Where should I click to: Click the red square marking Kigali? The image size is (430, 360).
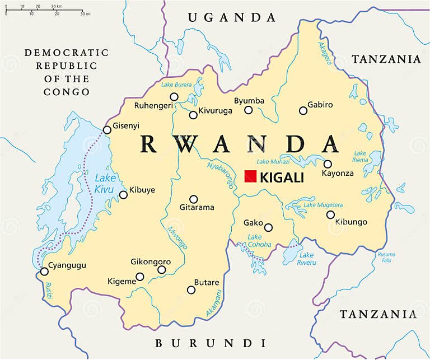(x=250, y=176)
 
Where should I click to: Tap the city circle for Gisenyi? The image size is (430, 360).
(x=107, y=130)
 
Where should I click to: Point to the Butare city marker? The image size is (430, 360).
(x=191, y=290)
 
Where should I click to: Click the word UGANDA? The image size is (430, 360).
(x=232, y=17)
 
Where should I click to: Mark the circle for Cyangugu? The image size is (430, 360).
(x=44, y=272)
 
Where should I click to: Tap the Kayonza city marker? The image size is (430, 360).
(x=328, y=164)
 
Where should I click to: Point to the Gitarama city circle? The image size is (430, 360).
(x=194, y=199)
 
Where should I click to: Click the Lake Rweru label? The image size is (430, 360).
(x=306, y=259)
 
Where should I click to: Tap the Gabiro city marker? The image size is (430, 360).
(x=303, y=110)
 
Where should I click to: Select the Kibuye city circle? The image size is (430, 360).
(x=123, y=195)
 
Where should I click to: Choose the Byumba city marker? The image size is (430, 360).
(x=249, y=110)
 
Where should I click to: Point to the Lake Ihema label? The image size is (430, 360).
(x=360, y=157)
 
